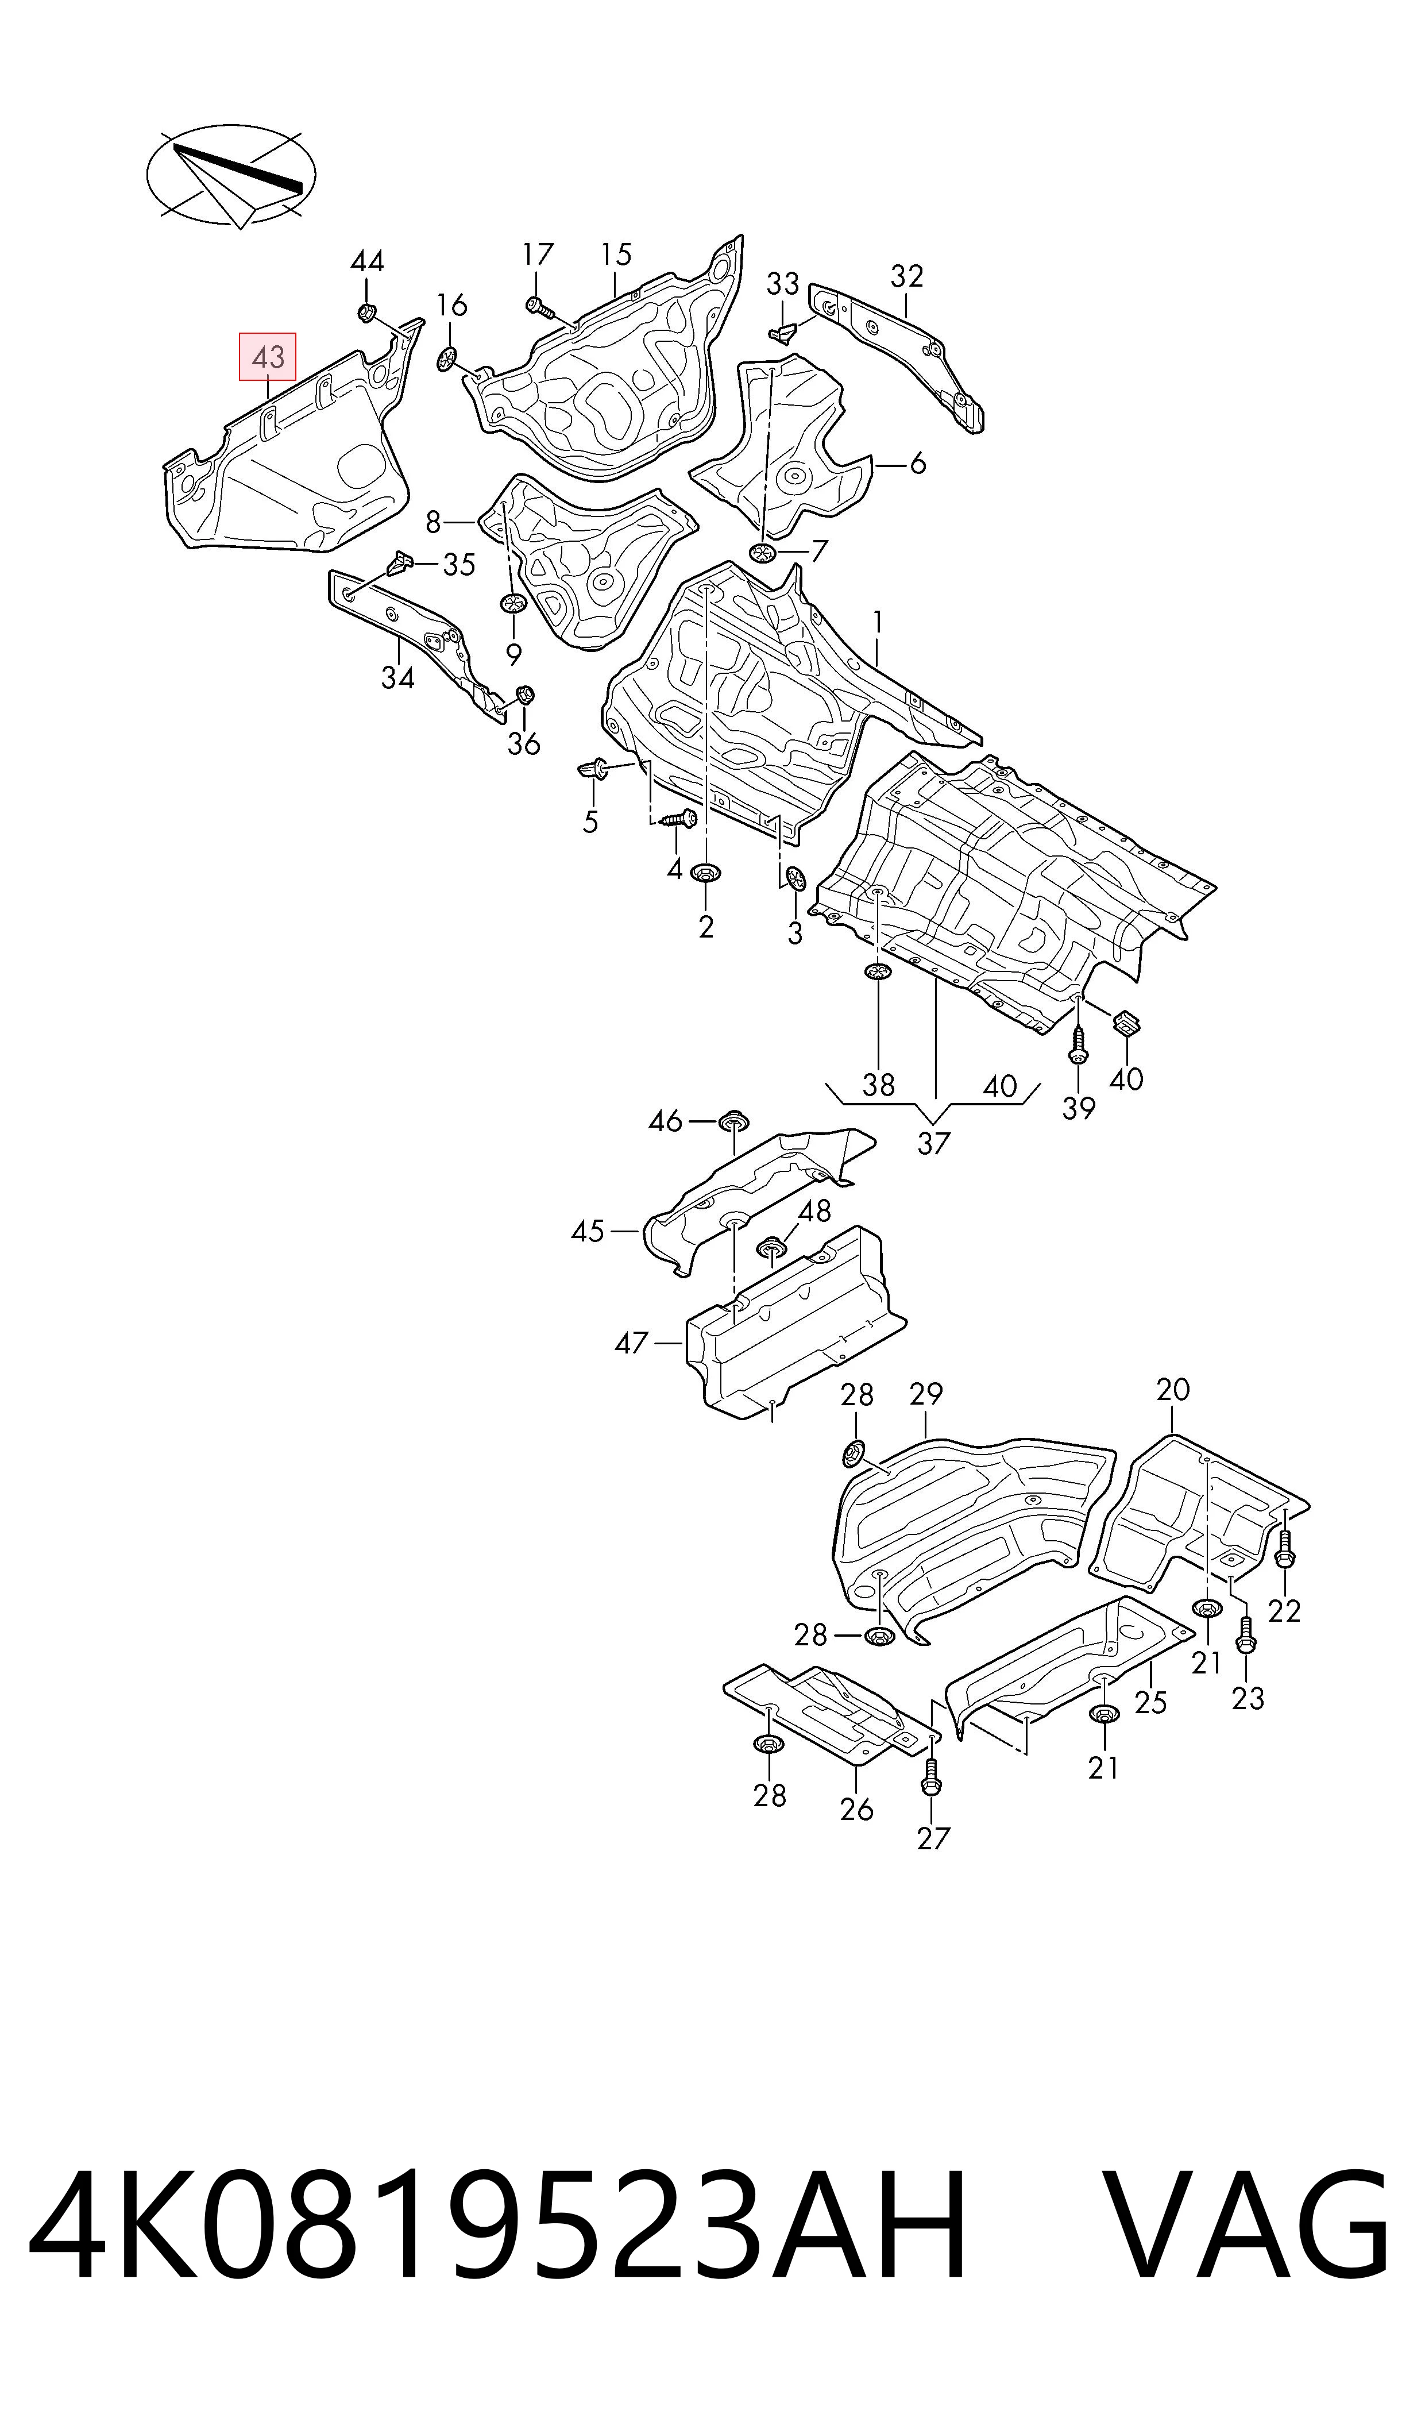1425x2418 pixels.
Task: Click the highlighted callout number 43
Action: pyautogui.click(x=268, y=357)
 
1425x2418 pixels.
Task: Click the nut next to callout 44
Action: pyautogui.click(x=366, y=311)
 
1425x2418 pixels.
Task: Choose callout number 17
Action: pyautogui.click(x=538, y=254)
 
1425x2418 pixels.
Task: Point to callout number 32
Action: pyautogui.click(x=906, y=276)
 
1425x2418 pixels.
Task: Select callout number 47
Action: pyautogui.click(x=631, y=1343)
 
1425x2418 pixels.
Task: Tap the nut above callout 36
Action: pyautogui.click(x=525, y=695)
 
